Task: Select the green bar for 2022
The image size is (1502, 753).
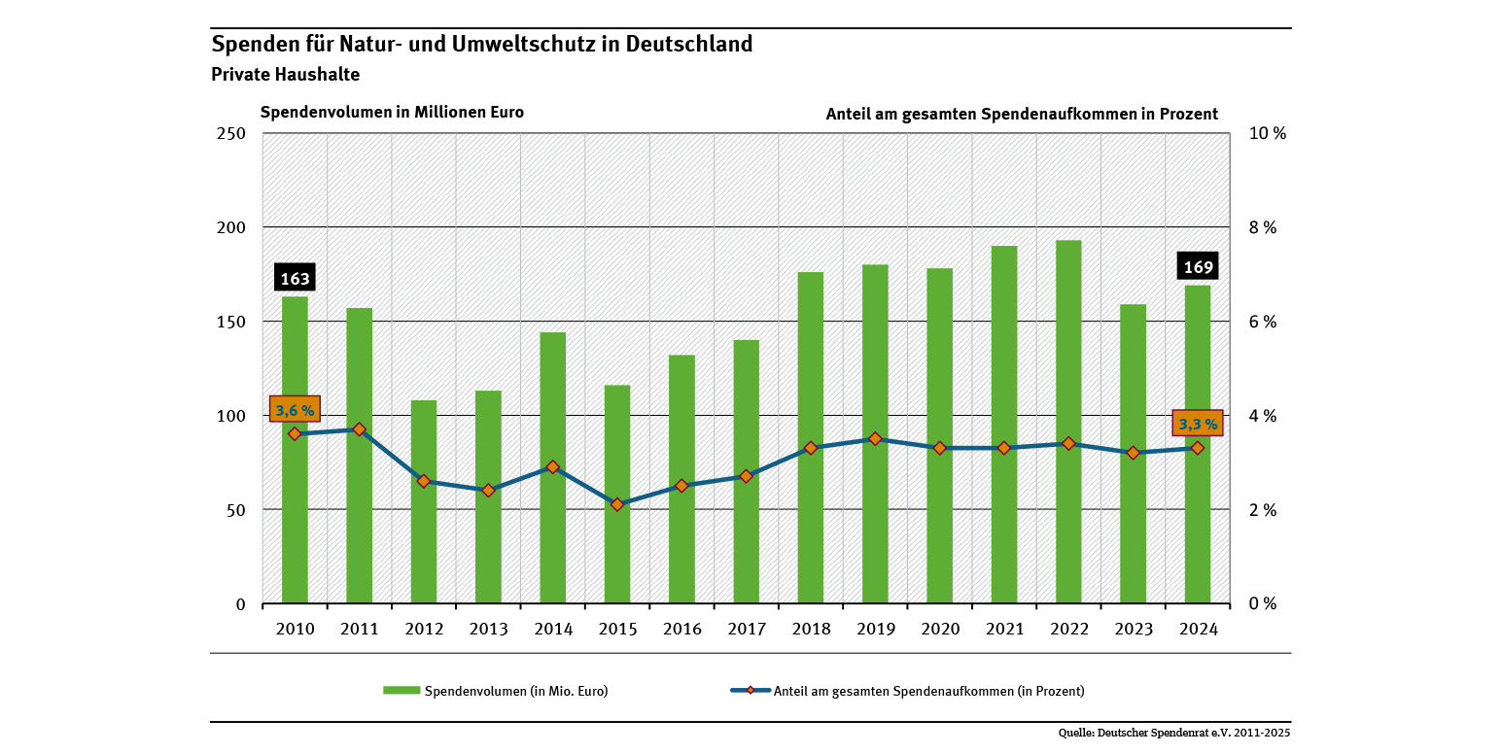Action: pyautogui.click(x=1068, y=422)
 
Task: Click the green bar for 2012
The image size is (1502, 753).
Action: pyautogui.click(x=424, y=501)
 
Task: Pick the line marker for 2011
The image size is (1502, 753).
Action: pyautogui.click(x=360, y=429)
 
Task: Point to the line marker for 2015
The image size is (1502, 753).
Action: pyautogui.click(x=617, y=504)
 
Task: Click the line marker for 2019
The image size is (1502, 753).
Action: pyautogui.click(x=875, y=439)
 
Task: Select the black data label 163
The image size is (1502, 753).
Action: pyautogui.click(x=295, y=279)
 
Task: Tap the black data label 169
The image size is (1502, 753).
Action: pyautogui.click(x=1197, y=267)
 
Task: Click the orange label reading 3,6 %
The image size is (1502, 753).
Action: pyautogui.click(x=295, y=410)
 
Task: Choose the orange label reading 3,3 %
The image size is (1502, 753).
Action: pyautogui.click(x=1197, y=424)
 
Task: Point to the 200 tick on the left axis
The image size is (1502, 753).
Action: pyautogui.click(x=230, y=227)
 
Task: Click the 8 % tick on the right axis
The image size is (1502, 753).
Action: pyautogui.click(x=1262, y=227)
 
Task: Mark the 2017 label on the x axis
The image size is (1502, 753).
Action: pyautogui.click(x=746, y=630)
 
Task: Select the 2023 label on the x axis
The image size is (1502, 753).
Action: pyautogui.click(x=1133, y=630)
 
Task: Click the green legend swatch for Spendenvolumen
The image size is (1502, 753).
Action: pyautogui.click(x=402, y=691)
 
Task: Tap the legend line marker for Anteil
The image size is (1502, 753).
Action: pyautogui.click(x=750, y=691)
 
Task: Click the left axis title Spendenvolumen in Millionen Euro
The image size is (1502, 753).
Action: pyautogui.click(x=392, y=112)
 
